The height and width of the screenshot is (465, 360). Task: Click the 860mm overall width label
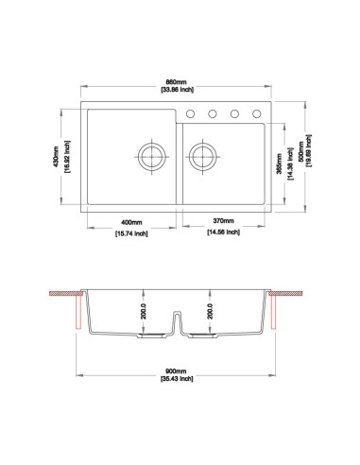[176, 82]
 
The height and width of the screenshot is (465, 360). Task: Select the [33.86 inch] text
[177, 90]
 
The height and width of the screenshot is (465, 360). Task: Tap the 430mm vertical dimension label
[56, 157]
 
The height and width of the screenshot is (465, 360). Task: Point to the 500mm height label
[301, 152]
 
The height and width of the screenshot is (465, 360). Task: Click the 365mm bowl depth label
[279, 164]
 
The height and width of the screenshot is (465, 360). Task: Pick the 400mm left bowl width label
[131, 222]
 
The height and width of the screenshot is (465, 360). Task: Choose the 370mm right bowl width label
[224, 220]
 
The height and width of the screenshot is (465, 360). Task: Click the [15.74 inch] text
[131, 233]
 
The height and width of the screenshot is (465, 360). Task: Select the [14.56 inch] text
[224, 232]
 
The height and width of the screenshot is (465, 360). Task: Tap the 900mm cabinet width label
[176, 371]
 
